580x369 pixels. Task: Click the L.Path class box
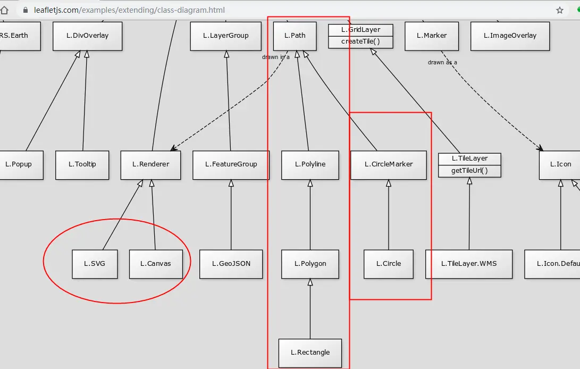(295, 36)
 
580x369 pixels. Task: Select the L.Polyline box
(310, 164)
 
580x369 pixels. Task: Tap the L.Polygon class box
(310, 264)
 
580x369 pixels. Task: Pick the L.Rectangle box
(310, 353)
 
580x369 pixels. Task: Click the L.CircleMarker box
(388, 164)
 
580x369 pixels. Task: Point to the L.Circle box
(388, 264)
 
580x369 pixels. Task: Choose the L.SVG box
(95, 264)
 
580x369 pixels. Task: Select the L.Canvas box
(156, 264)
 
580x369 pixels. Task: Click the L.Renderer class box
(150, 164)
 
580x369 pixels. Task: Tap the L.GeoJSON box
(231, 264)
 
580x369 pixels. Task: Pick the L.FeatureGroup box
(231, 164)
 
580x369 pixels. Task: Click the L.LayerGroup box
(226, 36)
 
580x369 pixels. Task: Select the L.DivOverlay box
(88, 36)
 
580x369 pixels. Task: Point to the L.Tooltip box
(82, 164)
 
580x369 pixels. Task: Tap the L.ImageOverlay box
(510, 36)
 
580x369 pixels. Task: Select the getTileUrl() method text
(469, 171)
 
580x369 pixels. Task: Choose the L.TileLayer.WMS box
(469, 264)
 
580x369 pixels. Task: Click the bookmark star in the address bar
(560, 10)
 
